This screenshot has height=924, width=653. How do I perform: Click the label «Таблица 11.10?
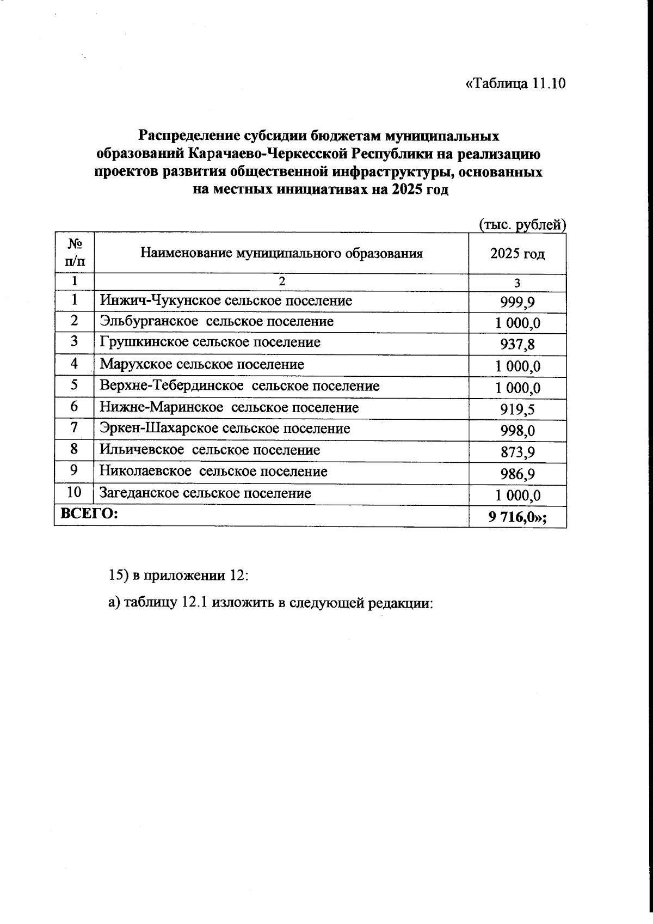(x=516, y=84)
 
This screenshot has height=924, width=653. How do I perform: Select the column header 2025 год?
(x=517, y=254)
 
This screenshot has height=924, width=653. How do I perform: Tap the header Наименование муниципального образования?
(x=281, y=253)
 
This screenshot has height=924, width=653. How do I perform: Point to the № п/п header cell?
(x=74, y=253)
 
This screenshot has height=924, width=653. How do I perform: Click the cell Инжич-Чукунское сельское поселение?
(x=226, y=301)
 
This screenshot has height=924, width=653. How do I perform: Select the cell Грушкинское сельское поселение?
(x=210, y=342)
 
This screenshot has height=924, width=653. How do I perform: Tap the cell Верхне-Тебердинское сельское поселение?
(x=239, y=386)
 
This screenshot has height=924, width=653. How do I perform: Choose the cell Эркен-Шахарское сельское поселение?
(x=225, y=429)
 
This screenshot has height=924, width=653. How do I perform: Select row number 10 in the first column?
(x=74, y=493)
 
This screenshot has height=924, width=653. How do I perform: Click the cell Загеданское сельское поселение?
(x=205, y=493)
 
